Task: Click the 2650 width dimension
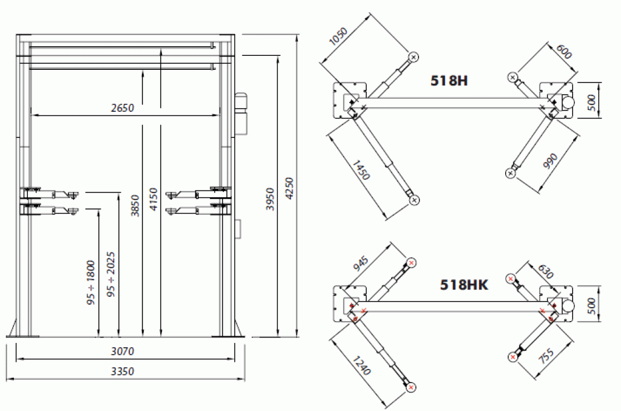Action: (123, 108)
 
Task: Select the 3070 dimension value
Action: (123, 351)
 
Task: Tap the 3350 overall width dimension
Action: (123, 372)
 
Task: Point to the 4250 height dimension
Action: (289, 189)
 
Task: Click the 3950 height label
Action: (270, 199)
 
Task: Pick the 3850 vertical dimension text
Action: (135, 206)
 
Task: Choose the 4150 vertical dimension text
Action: (153, 199)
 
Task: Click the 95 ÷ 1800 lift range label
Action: (91, 282)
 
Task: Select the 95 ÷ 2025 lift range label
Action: (111, 274)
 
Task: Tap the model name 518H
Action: (449, 81)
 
